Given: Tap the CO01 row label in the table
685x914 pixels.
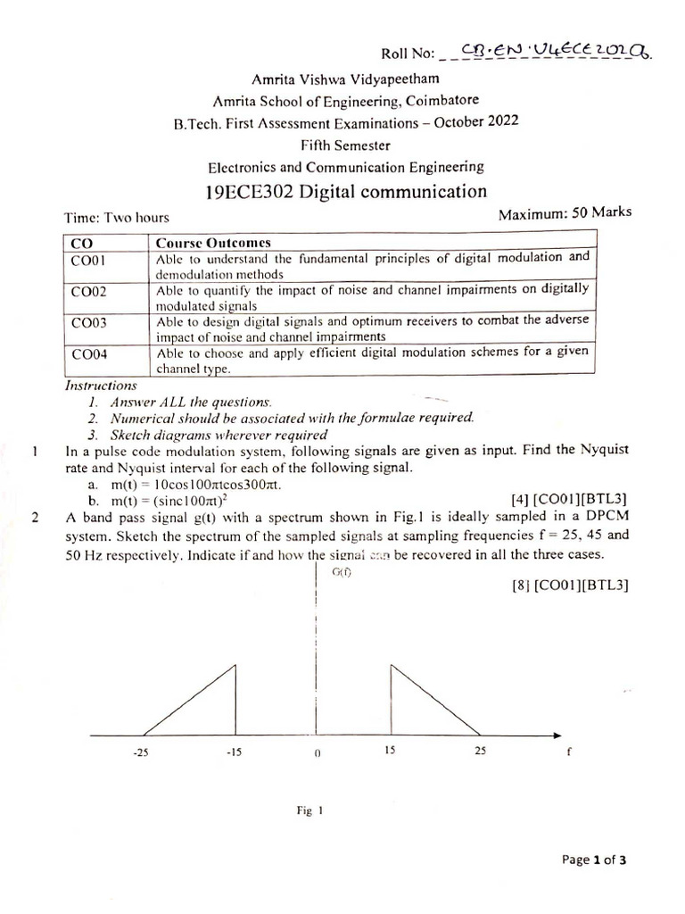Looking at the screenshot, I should (88, 260).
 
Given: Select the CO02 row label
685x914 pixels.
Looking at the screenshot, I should (88, 291).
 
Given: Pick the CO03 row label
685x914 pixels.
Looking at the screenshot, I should (88, 322).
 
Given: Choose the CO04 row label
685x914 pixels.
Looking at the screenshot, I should (88, 353).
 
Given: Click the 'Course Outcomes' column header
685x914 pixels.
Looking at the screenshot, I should (213, 243).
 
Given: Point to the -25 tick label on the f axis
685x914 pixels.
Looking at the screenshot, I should (139, 752).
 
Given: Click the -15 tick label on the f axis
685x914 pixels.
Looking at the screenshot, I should (235, 752).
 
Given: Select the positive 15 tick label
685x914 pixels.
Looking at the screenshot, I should (390, 751).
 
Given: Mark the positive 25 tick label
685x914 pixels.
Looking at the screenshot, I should (480, 751).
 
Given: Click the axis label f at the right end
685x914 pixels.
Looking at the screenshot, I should (569, 752).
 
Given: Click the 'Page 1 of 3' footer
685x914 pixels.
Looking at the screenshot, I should (594, 860).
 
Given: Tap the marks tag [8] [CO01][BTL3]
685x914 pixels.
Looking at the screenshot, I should (579, 585).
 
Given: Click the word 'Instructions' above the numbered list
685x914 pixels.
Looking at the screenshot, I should (101, 386).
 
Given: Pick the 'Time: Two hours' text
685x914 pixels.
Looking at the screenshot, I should (116, 217).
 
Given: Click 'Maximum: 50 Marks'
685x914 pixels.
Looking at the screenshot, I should (565, 212).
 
